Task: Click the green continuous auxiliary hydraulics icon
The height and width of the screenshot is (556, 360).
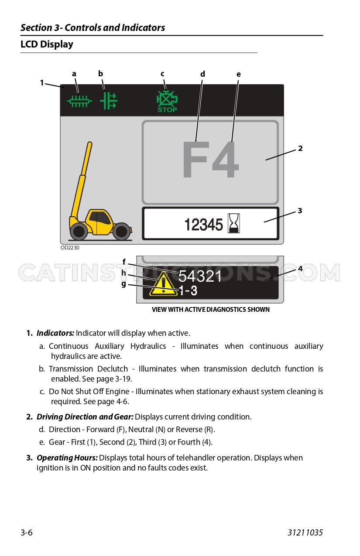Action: [79, 101]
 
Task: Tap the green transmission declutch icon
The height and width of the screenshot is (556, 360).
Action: [108, 101]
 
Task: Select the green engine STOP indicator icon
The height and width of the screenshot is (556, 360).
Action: [167, 102]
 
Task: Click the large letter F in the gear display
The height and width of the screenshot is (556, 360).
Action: [196, 159]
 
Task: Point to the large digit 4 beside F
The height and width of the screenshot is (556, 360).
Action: [226, 159]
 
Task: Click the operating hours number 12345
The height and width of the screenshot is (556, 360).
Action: [203, 225]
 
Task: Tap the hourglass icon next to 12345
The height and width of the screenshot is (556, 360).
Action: [234, 223]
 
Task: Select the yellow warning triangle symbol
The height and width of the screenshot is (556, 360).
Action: [163, 284]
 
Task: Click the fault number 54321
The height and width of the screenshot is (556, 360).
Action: [200, 276]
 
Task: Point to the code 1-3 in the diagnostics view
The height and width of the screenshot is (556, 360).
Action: [188, 290]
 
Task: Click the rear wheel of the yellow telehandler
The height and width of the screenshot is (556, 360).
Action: [121, 231]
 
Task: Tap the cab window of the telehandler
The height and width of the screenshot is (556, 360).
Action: [100, 218]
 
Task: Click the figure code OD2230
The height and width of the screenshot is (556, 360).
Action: [70, 248]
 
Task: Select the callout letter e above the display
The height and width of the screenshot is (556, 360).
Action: [239, 74]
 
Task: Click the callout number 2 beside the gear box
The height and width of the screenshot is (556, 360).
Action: [300, 148]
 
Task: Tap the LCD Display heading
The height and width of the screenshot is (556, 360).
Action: [47, 44]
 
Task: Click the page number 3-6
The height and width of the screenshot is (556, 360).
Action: [27, 532]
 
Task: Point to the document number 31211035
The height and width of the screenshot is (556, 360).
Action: [305, 532]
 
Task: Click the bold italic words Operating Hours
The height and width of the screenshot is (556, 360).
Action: [67, 458]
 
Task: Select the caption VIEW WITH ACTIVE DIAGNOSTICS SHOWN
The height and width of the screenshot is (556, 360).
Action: [211, 310]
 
